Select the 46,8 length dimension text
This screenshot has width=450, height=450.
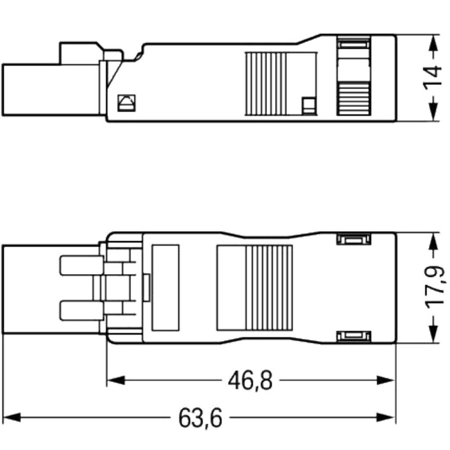click(x=250, y=381)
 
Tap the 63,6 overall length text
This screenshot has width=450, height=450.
click(x=200, y=417)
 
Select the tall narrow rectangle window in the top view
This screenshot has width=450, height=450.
click(x=165, y=288)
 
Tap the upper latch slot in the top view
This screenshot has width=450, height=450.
click(x=354, y=240)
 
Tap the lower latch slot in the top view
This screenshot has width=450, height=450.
click(x=354, y=337)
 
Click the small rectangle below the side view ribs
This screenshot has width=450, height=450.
click(x=308, y=105)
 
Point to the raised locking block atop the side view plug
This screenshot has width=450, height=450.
click(x=79, y=54)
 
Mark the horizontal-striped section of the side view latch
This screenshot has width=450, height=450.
click(x=353, y=99)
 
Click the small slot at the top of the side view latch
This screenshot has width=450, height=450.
click(x=353, y=44)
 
